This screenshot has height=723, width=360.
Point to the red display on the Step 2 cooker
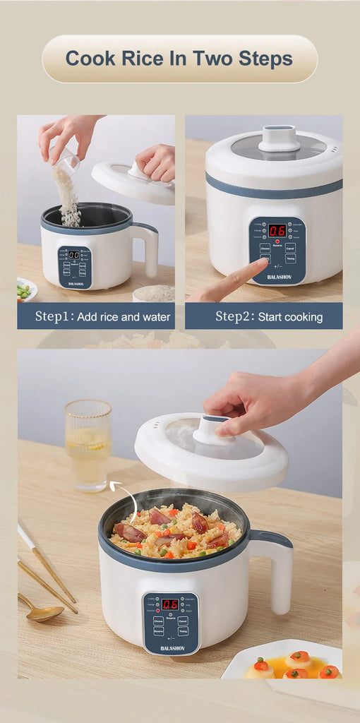[277, 230]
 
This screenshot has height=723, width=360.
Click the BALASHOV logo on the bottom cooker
[171, 647]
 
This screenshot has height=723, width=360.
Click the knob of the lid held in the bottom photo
[214, 430]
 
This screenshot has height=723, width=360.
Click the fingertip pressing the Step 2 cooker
[262, 263]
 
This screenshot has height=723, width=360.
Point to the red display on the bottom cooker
[169, 604]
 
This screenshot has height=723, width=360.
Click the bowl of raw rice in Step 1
[153, 293]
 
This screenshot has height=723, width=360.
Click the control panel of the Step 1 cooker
[74, 266]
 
